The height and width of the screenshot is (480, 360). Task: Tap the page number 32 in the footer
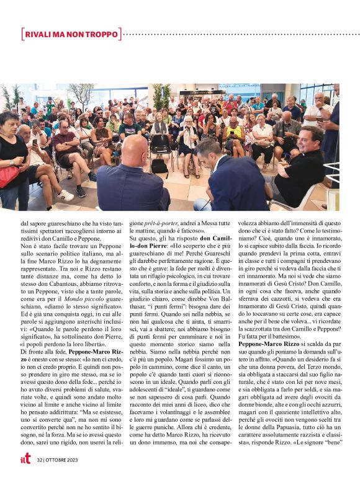coord(40,461)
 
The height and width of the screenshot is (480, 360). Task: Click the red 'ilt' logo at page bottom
coord(25,460)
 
